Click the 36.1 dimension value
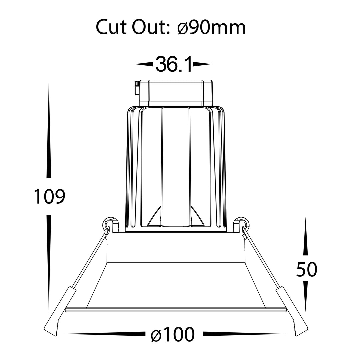pyautogui.click(x=174, y=64)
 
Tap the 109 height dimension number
pyautogui.click(x=49, y=196)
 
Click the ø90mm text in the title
pyautogui.click(x=211, y=27)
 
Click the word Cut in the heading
pyautogui.click(x=112, y=27)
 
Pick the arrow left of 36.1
pyautogui.click(x=144, y=64)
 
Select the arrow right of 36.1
pyautogui.click(x=202, y=64)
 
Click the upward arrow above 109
pyautogui.click(x=49, y=129)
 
